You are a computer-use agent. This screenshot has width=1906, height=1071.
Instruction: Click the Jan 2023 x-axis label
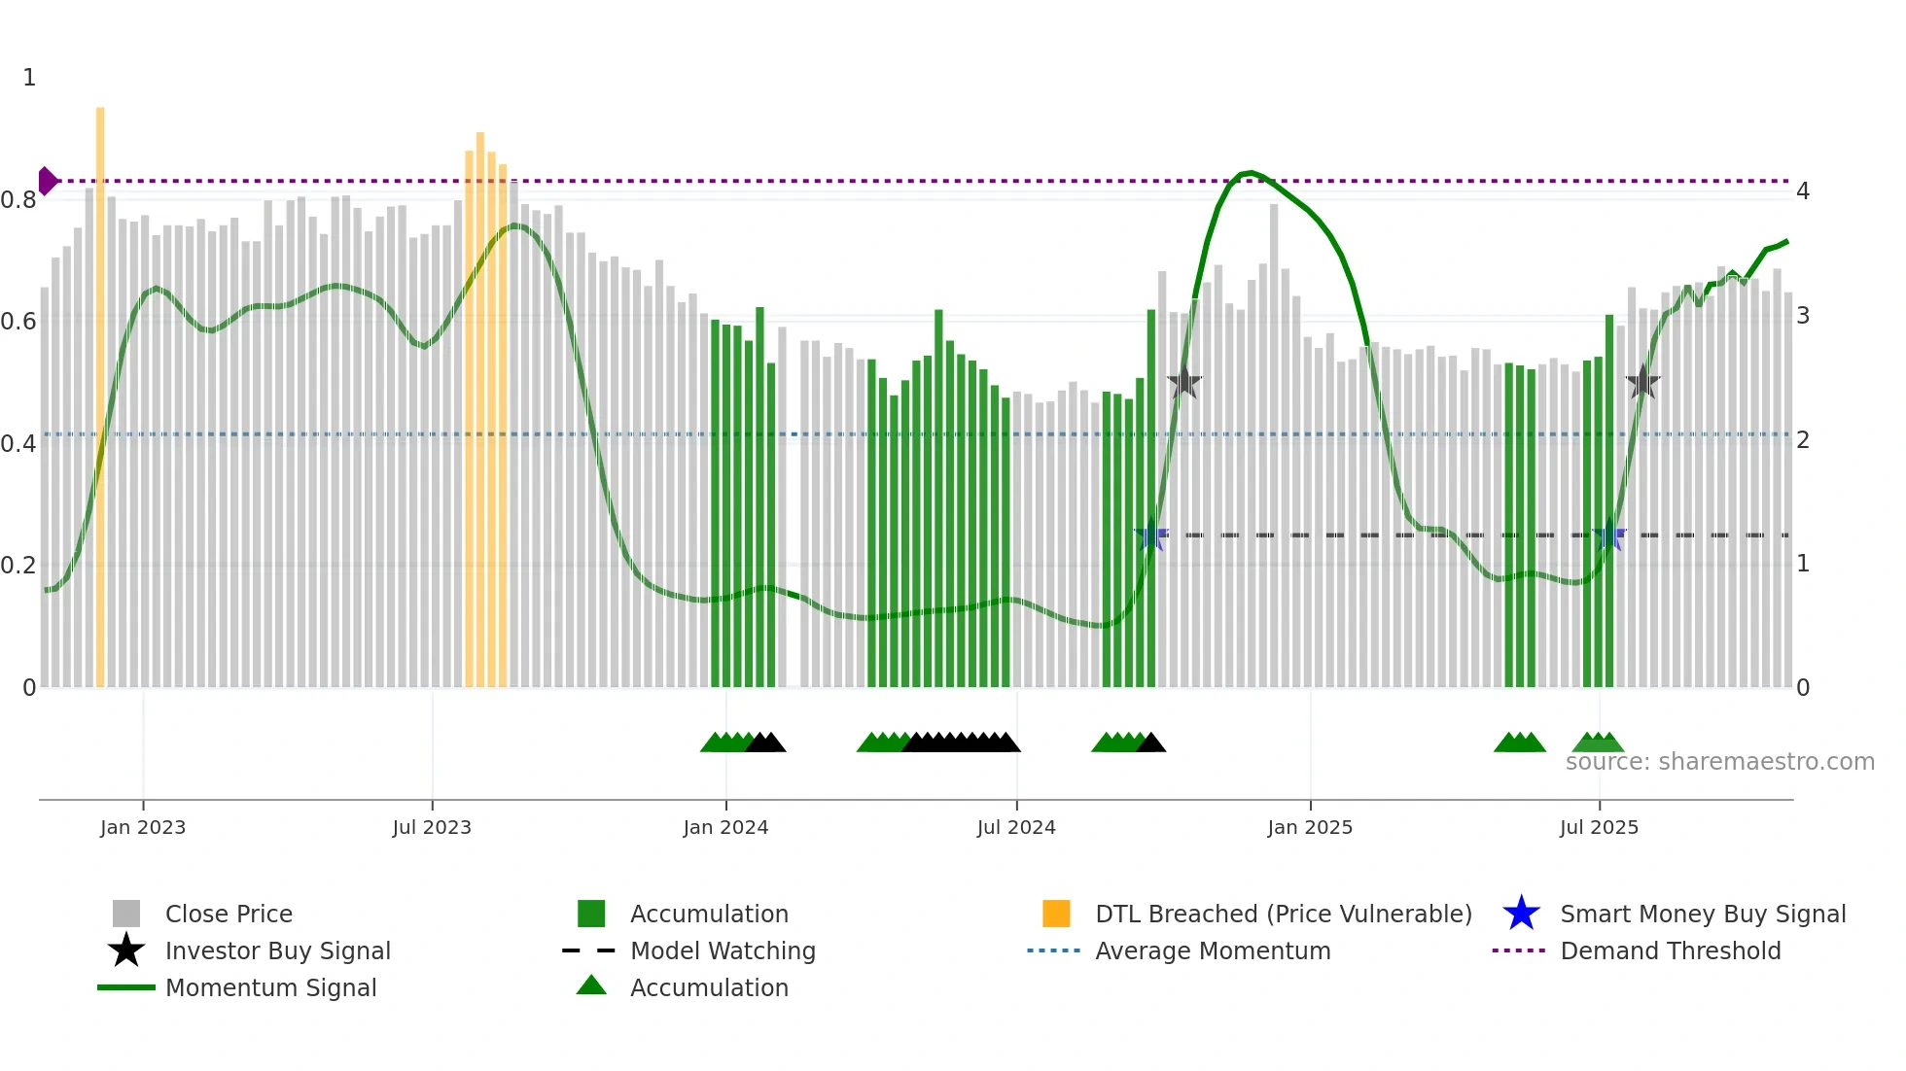pyautogui.click(x=142, y=827)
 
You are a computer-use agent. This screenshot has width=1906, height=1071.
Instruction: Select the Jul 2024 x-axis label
pyautogui.click(x=1016, y=827)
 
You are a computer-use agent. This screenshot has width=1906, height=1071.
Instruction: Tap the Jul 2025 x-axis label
pyautogui.click(x=1599, y=827)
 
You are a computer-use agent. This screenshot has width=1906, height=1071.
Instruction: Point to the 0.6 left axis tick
pyautogui.click(x=18, y=321)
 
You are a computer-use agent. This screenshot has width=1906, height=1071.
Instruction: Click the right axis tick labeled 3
pyautogui.click(x=1803, y=316)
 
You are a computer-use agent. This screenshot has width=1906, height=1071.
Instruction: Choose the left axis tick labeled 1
pyautogui.click(x=29, y=78)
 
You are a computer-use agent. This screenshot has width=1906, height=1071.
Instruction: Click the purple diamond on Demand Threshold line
pyautogui.click(x=47, y=181)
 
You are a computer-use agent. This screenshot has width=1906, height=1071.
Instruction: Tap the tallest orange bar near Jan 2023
pyautogui.click(x=100, y=389)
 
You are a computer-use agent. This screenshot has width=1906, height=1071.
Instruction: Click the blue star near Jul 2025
pyautogui.click(x=1609, y=535)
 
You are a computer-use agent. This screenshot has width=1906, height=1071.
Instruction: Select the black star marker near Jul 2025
pyautogui.click(x=1642, y=382)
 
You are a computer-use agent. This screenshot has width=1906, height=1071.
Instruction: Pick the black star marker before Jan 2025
pyautogui.click(x=1184, y=382)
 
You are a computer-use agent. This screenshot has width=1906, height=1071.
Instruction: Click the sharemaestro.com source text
pyautogui.click(x=1719, y=762)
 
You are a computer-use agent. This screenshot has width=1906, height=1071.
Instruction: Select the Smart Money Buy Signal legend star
pyautogui.click(x=1521, y=914)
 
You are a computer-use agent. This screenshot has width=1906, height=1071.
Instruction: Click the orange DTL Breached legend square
pyautogui.click(x=1056, y=914)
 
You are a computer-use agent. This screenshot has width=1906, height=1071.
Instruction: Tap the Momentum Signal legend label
pyautogui.click(x=270, y=987)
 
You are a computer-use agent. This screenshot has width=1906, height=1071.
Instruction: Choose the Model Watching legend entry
pyautogui.click(x=723, y=950)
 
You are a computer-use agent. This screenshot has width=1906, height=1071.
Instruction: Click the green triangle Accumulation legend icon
pyautogui.click(x=591, y=986)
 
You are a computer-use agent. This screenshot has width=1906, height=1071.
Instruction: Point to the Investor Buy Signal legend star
pyautogui.click(x=126, y=950)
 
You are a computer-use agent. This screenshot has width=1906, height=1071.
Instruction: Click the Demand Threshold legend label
pyautogui.click(x=1670, y=950)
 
